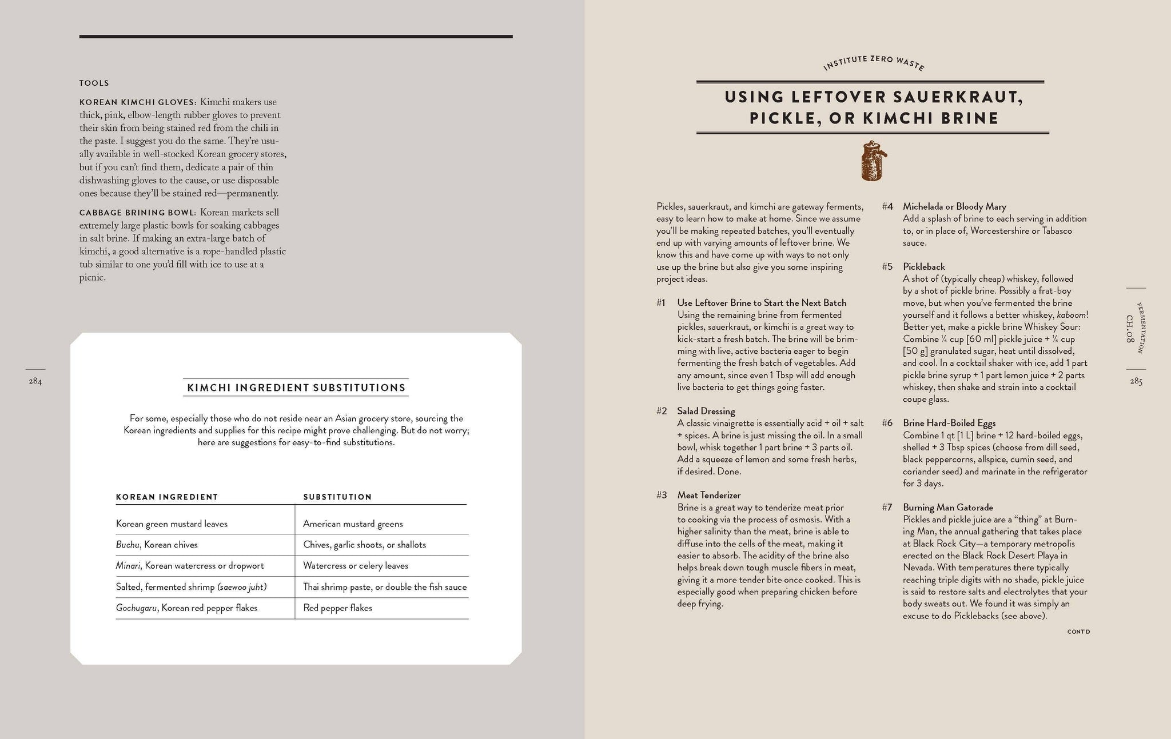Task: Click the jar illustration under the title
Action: point(871,161)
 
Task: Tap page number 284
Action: point(35,382)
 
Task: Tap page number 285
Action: point(1136,382)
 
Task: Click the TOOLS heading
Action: point(94,83)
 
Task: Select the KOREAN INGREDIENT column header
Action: point(167,497)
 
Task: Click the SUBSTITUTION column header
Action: point(337,497)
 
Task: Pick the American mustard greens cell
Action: point(353,524)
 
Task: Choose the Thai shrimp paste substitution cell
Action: point(385,587)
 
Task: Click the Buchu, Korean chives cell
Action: point(157,545)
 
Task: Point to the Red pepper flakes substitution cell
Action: point(337,608)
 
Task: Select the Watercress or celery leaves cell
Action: point(356,566)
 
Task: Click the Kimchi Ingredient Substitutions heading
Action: point(296,388)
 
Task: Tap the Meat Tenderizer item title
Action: point(708,496)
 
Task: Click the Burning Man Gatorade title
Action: point(948,508)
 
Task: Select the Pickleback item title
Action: point(924,267)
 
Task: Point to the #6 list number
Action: point(887,424)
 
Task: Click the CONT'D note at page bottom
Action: point(1078,632)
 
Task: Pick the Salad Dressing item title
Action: point(706,412)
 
